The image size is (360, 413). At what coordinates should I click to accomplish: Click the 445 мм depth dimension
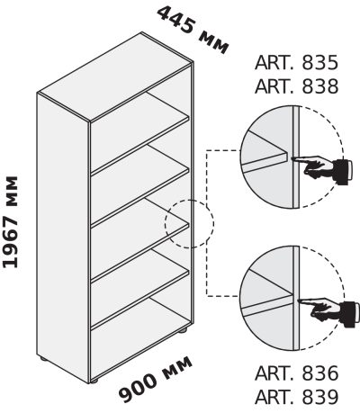tap(193, 30)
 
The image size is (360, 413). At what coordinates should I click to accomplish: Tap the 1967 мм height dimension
tap(11, 221)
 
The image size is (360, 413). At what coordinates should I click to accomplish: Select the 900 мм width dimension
tap(156, 380)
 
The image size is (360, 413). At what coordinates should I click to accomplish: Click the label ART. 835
tap(296, 63)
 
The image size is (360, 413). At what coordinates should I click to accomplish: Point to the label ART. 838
tap(296, 86)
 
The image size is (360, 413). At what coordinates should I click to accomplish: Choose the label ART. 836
tap(296, 373)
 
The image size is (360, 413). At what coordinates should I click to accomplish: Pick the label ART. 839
tap(296, 397)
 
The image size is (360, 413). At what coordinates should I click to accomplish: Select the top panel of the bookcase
tap(115, 77)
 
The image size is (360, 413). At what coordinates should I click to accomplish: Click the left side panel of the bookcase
tap(63, 237)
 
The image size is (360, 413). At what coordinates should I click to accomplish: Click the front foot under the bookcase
tap(94, 382)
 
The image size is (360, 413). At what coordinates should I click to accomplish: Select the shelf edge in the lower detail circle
tap(267, 305)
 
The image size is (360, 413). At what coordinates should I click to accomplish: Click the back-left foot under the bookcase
tap(43, 358)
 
